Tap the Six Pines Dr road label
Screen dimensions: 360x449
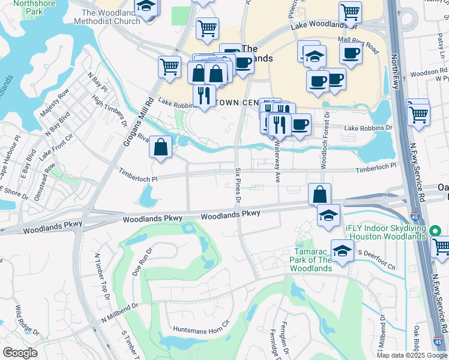238,184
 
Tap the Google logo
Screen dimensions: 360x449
20,353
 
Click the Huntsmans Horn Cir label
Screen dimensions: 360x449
202,329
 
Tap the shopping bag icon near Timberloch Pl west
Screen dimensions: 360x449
161,147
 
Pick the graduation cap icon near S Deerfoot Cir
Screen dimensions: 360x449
342,251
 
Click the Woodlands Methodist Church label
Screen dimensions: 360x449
110,17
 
